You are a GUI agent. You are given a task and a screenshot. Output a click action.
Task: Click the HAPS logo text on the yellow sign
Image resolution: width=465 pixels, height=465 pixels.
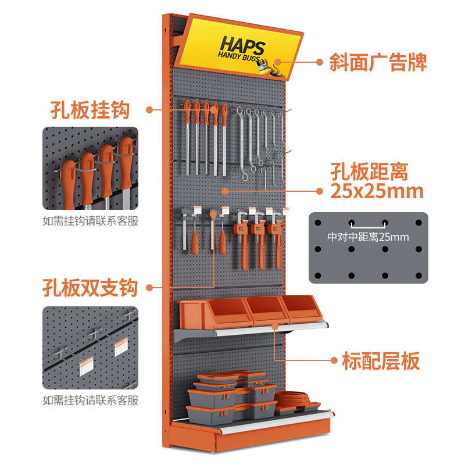[x=242, y=45]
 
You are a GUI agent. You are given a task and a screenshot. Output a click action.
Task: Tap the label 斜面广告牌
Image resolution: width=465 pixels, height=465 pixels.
[x=378, y=62]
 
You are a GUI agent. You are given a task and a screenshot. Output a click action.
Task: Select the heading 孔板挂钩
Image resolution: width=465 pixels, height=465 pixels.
[x=90, y=110]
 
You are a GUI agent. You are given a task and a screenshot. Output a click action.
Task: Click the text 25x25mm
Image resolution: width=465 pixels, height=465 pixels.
[x=377, y=191]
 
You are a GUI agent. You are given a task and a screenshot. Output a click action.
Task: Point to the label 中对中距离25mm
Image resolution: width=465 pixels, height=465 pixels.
[x=368, y=237]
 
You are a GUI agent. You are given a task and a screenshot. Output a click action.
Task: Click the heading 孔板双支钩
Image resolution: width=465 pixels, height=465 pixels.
[x=90, y=287]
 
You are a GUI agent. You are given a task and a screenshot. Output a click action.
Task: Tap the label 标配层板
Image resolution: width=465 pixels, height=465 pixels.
[x=381, y=360]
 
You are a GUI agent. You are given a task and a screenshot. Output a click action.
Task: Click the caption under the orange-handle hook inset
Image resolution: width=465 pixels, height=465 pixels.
[x=91, y=221]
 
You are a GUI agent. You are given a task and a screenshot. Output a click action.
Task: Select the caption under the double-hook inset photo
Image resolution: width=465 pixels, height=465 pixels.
[x=91, y=400]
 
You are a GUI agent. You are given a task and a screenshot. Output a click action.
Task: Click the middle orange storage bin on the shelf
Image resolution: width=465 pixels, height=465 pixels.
[x=266, y=309]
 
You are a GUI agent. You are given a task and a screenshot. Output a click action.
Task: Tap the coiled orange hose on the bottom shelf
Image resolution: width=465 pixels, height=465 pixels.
[x=292, y=398]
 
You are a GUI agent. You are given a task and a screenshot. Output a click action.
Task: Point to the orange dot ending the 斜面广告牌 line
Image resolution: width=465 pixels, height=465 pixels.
[x=319, y=62]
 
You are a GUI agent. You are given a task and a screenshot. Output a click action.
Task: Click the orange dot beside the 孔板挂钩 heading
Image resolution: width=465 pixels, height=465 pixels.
[x=149, y=110]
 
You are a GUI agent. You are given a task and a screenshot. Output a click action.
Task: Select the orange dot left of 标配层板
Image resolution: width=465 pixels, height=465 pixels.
[x=334, y=360]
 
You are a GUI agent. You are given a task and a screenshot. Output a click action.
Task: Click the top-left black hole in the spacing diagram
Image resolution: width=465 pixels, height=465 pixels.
[x=317, y=223]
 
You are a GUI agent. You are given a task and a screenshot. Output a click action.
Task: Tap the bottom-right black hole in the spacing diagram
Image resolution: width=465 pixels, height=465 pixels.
[x=419, y=276]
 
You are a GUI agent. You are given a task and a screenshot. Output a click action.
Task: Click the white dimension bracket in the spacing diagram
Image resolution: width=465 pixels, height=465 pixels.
[x=368, y=226]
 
